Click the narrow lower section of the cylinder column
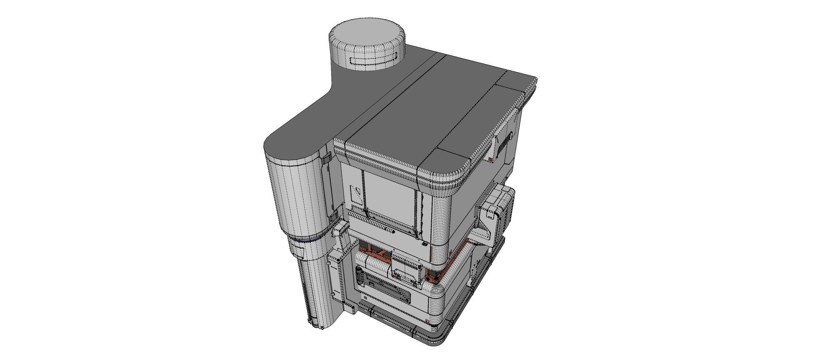tap(314, 286)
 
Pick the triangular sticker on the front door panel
tap(356, 195)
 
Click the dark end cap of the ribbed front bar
tap(392, 231)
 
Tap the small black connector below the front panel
tap(424, 244)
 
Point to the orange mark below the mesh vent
tap(489, 159)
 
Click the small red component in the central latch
tap(395, 276)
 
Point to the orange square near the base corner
tap(428, 322)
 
